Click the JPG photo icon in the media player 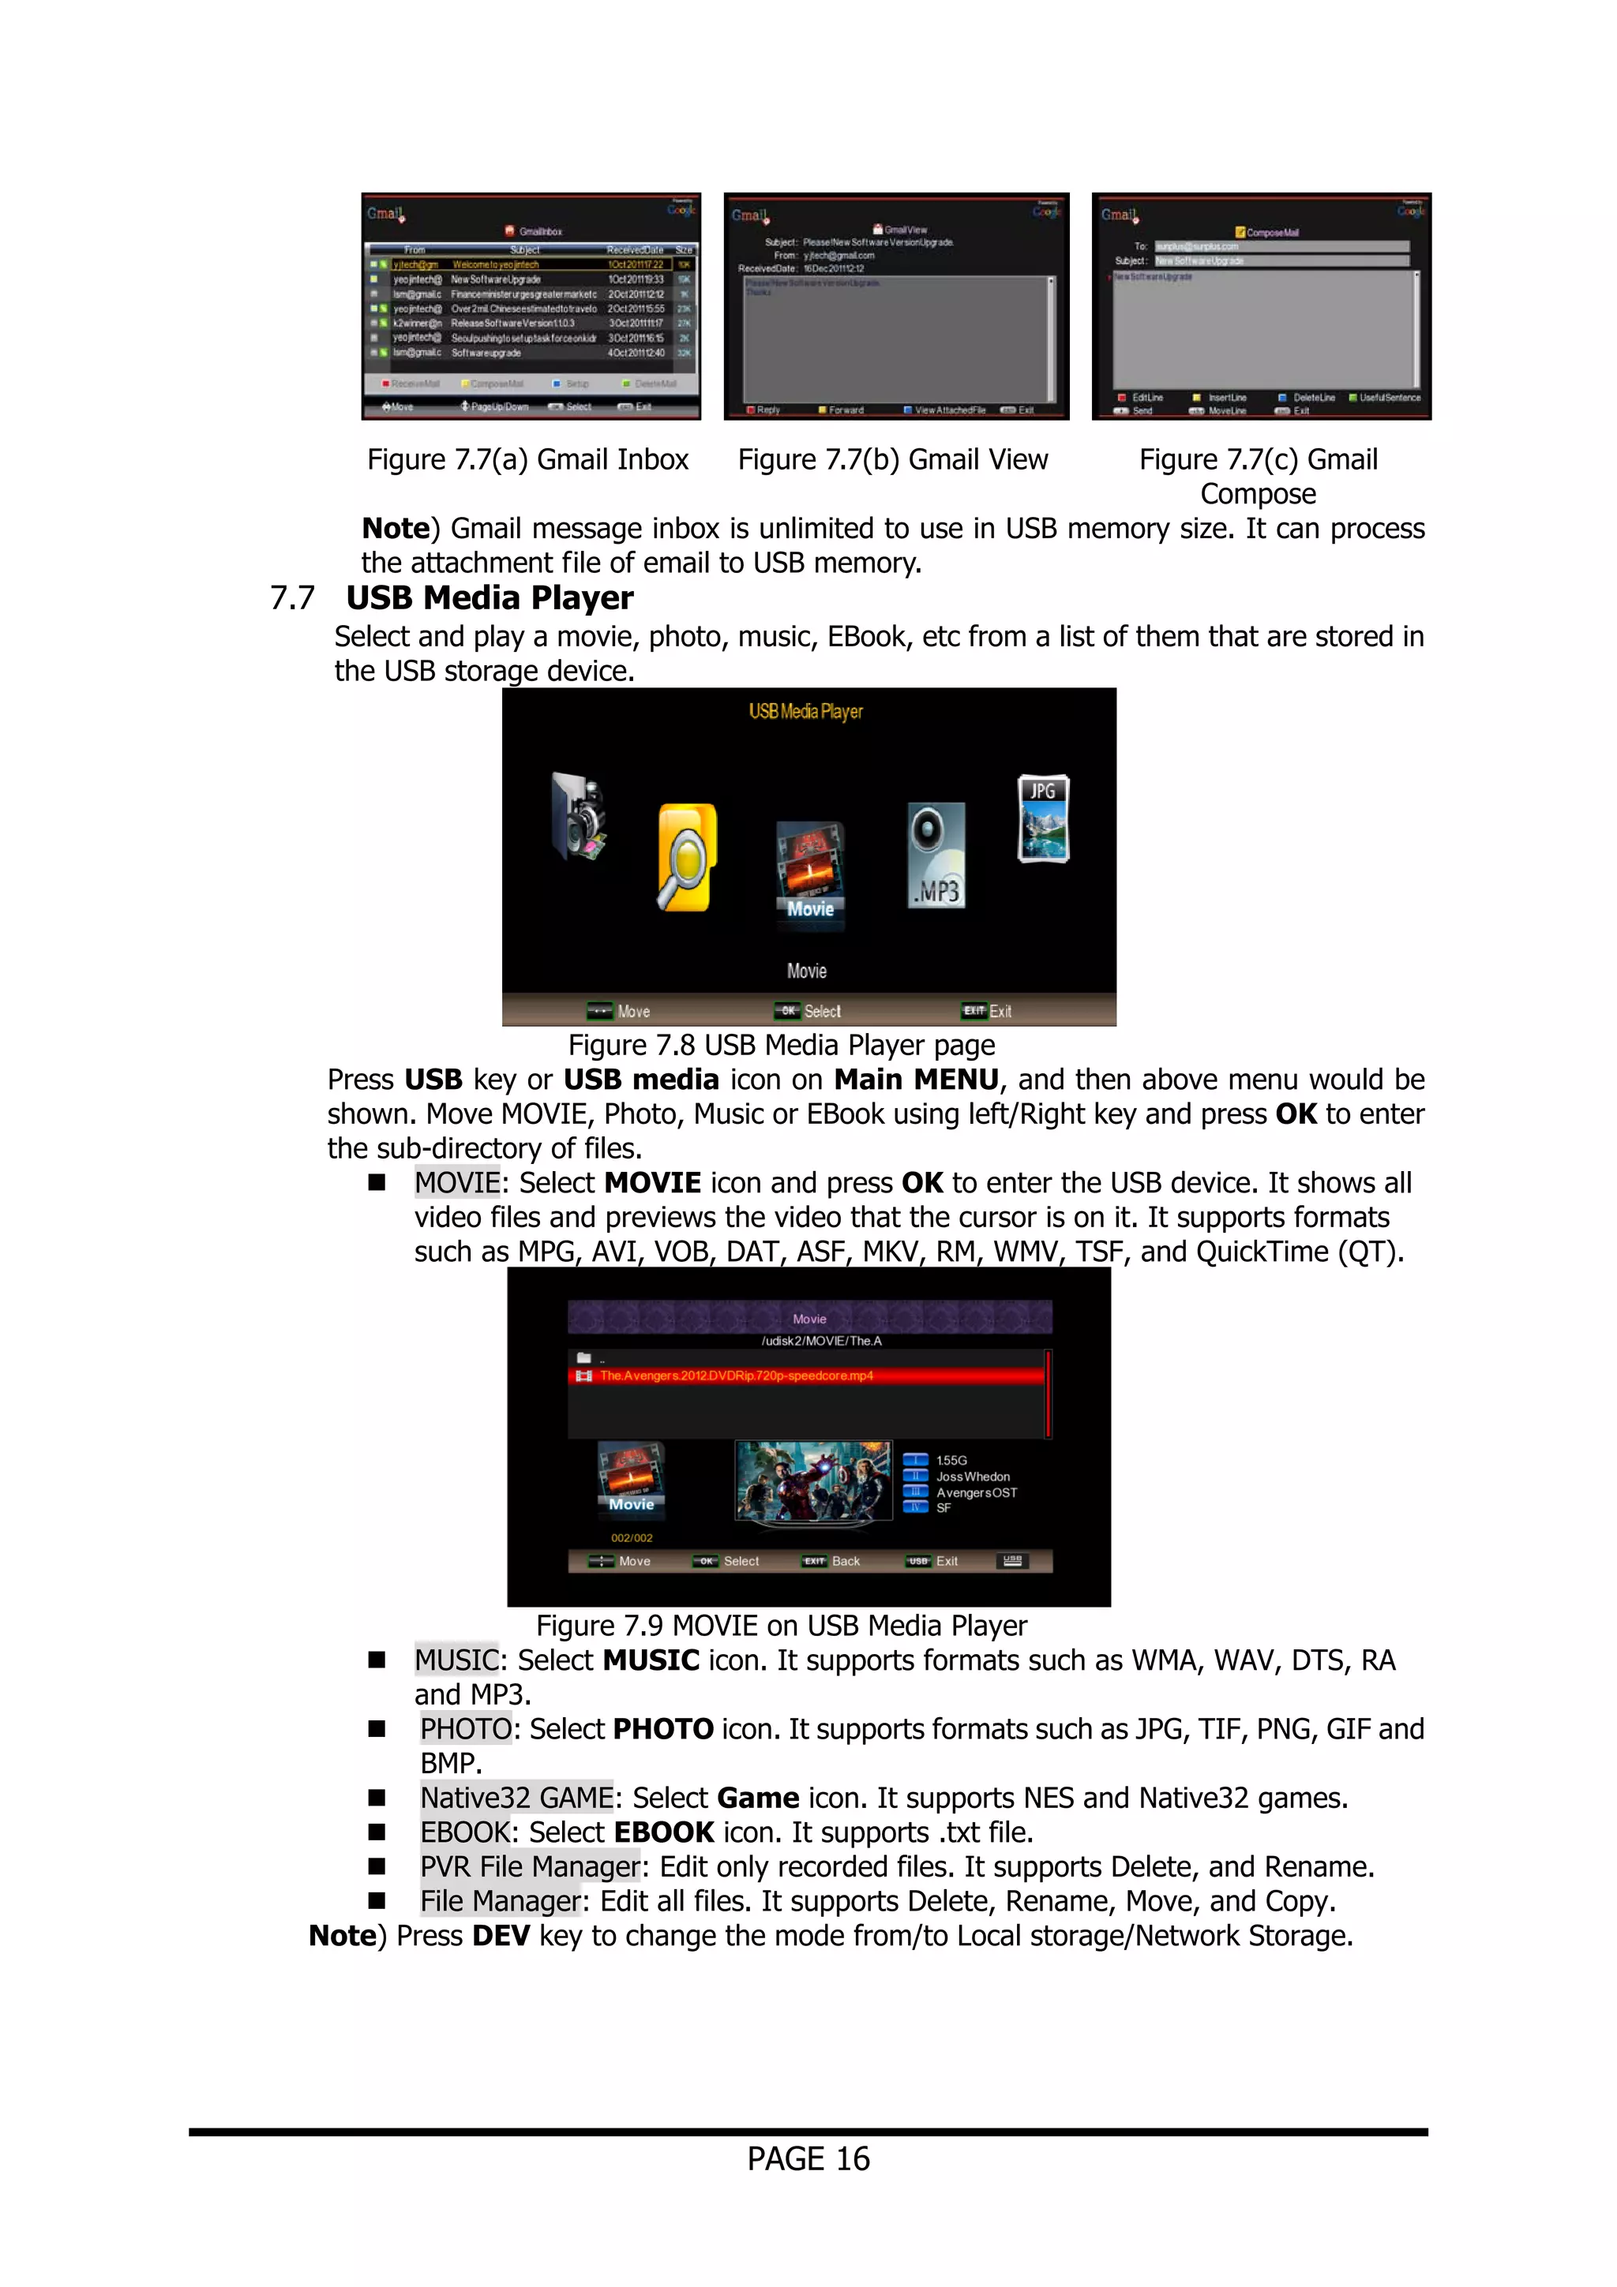click(x=1043, y=818)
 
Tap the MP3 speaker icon click(x=936, y=855)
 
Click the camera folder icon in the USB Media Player click(x=579, y=817)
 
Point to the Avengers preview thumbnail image click(x=813, y=1480)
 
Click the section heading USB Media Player click(x=490, y=597)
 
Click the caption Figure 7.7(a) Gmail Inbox click(x=527, y=459)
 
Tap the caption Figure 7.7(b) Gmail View click(x=893, y=459)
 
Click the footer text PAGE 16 click(x=808, y=2158)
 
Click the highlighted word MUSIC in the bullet click(x=456, y=1660)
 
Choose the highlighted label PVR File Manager click(x=529, y=1866)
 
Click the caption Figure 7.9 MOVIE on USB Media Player click(x=781, y=1626)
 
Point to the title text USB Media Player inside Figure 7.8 click(x=805, y=711)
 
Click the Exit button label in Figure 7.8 click(x=1000, y=1011)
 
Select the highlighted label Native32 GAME click(x=516, y=1798)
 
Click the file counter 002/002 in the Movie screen click(x=632, y=1538)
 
